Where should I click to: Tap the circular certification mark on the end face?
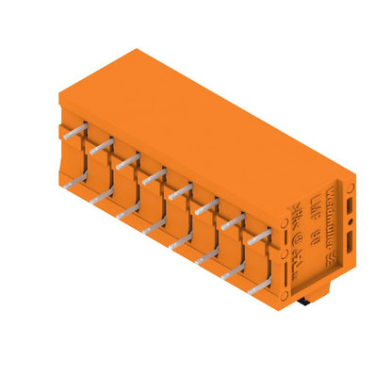[295, 250]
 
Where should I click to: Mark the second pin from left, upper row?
[102, 144]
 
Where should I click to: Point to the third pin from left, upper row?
[127, 159]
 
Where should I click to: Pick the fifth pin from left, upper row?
[179, 188]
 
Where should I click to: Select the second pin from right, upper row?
[232, 219]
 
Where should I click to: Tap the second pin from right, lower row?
[232, 267]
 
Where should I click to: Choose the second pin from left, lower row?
[102, 189]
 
